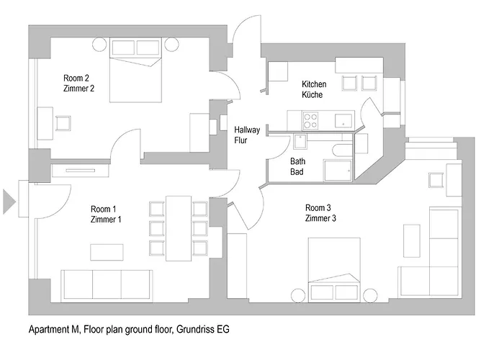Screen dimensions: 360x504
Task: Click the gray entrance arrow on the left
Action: click(9, 201)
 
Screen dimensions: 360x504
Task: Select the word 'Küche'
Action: click(314, 94)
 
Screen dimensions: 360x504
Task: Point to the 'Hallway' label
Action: click(247, 130)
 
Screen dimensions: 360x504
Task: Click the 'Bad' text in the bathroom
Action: click(297, 173)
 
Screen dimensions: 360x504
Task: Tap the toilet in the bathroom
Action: click(342, 150)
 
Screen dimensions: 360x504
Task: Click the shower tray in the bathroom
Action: click(337, 171)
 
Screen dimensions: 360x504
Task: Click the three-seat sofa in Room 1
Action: click(107, 284)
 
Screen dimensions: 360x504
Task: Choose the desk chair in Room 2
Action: click(63, 122)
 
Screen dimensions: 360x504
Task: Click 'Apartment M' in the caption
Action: click(53, 330)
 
